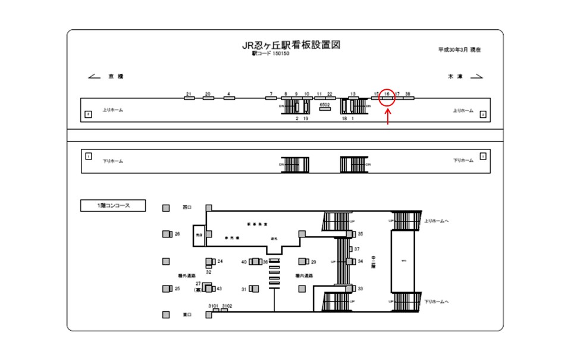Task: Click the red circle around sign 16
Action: pyautogui.click(x=387, y=96)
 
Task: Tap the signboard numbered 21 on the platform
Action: pyautogui.click(x=189, y=98)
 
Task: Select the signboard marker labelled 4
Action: pyautogui.click(x=228, y=98)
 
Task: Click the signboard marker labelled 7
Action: pyautogui.click(x=271, y=98)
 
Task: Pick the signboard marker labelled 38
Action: pyautogui.click(x=408, y=98)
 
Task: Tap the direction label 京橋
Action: pyautogui.click(x=115, y=77)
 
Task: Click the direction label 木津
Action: pyautogui.click(x=456, y=77)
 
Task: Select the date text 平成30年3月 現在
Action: pyautogui.click(x=459, y=50)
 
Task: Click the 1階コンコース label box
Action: pyautogui.click(x=114, y=206)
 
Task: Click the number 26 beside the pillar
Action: pyautogui.click(x=177, y=234)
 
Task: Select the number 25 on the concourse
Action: pyautogui.click(x=177, y=289)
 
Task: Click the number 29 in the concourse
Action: pyautogui.click(x=313, y=262)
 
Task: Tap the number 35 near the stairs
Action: pyautogui.click(x=360, y=234)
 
